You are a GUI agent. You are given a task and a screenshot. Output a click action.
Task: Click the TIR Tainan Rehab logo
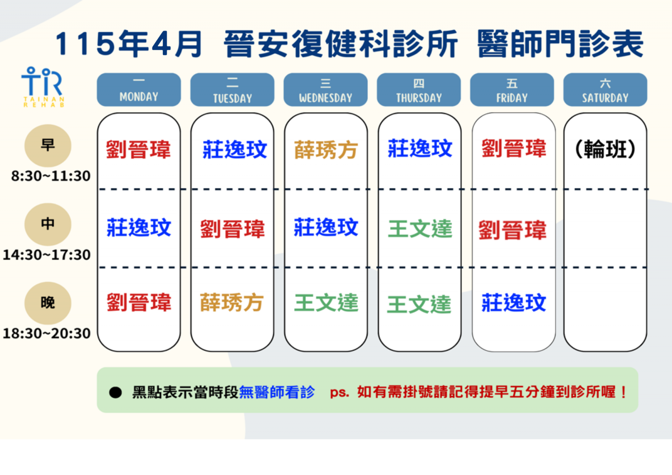43,87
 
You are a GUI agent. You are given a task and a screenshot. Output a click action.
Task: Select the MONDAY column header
139,90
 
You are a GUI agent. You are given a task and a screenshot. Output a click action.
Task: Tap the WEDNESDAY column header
325,90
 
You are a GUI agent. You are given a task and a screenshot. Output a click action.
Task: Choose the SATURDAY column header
605,90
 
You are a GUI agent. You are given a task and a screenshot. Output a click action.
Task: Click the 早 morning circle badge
48,146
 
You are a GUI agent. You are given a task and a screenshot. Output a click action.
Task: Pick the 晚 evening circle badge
48,303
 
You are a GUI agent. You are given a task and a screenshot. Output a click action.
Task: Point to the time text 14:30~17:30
47,255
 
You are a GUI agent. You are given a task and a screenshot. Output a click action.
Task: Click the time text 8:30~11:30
51,176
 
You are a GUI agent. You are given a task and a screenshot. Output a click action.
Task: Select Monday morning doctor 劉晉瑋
138,149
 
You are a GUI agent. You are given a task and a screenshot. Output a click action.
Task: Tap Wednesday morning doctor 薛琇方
326,150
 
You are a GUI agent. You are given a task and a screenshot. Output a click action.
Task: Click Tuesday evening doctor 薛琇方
231,302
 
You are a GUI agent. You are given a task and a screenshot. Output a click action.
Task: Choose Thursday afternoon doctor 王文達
420,228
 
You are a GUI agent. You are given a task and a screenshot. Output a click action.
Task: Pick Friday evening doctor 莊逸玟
514,303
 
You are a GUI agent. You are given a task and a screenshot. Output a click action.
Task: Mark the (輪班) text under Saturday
605,149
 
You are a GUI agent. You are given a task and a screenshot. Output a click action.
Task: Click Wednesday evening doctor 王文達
326,303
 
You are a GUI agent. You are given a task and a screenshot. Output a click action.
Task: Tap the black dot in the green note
115,392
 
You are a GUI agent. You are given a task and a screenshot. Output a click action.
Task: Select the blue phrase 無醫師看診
277,392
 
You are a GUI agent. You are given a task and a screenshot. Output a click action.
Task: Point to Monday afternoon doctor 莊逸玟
139,228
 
